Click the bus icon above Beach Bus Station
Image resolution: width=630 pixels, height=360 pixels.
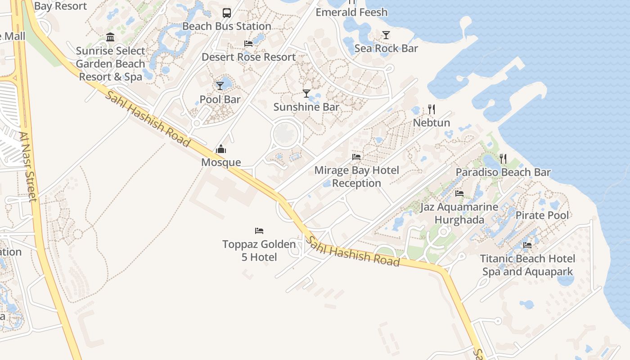click(x=227, y=13)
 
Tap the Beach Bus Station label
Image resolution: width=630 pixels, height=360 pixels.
click(x=227, y=26)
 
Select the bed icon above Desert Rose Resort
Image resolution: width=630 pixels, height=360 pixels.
click(x=248, y=44)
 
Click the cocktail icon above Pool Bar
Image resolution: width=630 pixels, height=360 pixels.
click(x=220, y=85)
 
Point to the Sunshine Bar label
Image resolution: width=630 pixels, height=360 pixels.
click(x=306, y=107)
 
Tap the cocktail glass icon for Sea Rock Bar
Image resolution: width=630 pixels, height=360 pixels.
click(x=386, y=35)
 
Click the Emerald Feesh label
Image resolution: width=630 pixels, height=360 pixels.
click(x=351, y=12)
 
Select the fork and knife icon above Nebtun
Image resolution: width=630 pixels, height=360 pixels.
click(x=432, y=109)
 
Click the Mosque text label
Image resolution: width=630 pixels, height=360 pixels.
click(x=221, y=162)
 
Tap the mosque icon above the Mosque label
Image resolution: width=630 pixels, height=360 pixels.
click(x=221, y=149)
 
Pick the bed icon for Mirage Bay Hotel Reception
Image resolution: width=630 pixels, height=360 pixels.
click(x=356, y=157)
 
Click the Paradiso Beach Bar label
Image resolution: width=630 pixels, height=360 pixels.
click(x=503, y=172)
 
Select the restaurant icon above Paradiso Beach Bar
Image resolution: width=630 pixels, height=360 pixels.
click(x=503, y=158)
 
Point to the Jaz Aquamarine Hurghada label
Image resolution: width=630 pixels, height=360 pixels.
click(x=459, y=214)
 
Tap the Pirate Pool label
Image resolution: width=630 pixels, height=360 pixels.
click(x=542, y=215)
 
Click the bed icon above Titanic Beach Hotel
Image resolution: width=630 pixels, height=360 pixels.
click(x=527, y=245)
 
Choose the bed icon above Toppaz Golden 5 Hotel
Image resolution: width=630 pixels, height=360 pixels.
click(x=259, y=231)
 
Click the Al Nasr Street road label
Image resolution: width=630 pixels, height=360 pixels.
click(x=27, y=166)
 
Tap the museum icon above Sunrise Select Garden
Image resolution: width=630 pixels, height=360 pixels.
click(x=110, y=37)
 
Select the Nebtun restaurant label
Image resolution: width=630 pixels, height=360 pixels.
click(x=432, y=122)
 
